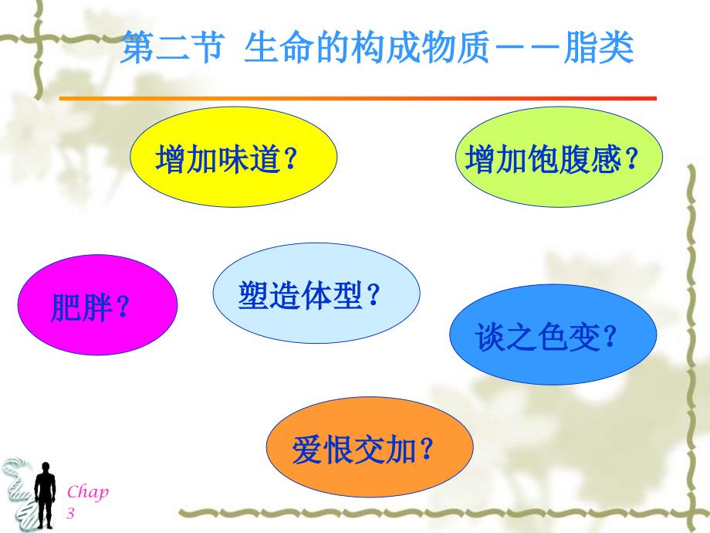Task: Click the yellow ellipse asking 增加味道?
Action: (x=234, y=157)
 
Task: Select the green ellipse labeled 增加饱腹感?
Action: (x=559, y=157)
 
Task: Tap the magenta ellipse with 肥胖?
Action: (x=97, y=304)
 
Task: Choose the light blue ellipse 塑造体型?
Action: (x=316, y=293)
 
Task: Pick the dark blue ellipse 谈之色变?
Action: (x=553, y=334)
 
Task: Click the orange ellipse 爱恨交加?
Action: (x=370, y=447)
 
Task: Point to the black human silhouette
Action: (x=45, y=495)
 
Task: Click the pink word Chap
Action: (x=88, y=491)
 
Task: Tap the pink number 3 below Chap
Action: (x=71, y=513)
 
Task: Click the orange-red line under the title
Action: (x=358, y=98)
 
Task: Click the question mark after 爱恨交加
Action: (x=427, y=448)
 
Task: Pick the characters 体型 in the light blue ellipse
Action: (x=333, y=295)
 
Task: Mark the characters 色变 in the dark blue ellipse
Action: (x=570, y=337)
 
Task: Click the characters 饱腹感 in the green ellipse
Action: (x=574, y=159)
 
